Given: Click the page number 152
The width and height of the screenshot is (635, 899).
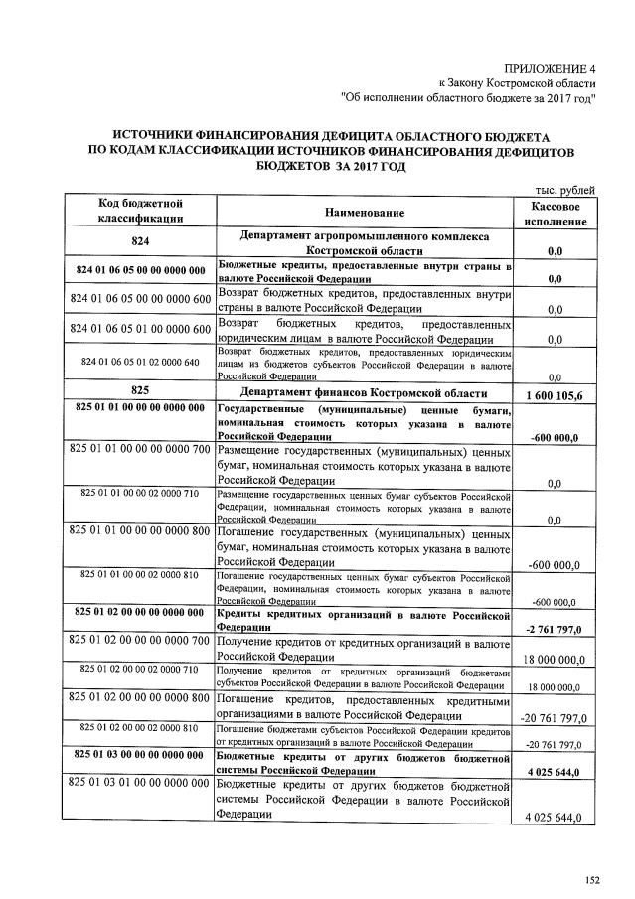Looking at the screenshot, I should [x=594, y=880].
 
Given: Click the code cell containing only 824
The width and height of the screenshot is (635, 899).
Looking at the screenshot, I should [x=140, y=242].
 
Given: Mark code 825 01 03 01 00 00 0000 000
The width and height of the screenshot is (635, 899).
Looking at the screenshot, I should [x=140, y=785].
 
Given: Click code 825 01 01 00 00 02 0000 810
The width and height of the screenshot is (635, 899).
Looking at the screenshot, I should [x=140, y=574].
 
